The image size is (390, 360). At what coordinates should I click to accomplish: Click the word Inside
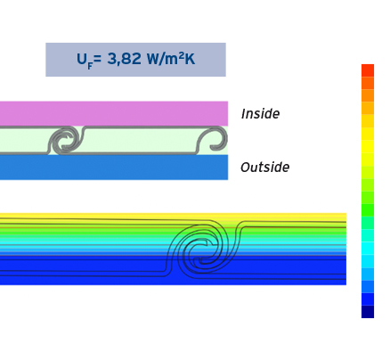[x=260, y=114]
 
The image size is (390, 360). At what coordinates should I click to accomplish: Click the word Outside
[x=264, y=168]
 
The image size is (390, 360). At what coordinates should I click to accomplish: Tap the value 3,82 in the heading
[x=124, y=59]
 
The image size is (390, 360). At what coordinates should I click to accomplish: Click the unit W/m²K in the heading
[x=171, y=59]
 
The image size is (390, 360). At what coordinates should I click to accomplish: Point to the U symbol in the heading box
[x=82, y=59]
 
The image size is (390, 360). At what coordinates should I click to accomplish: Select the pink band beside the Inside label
[x=114, y=113]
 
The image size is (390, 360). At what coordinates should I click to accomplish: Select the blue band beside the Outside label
[x=114, y=168]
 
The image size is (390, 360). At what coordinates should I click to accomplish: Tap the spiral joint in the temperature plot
[x=202, y=247]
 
